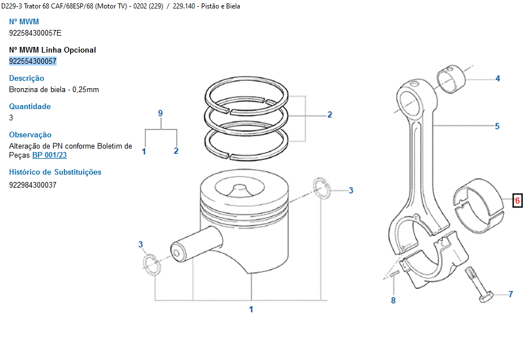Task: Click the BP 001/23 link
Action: (49, 155)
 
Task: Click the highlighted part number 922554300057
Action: (33, 61)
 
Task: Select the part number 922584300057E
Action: (35, 33)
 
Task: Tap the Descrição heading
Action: (27, 78)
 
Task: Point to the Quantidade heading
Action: (30, 106)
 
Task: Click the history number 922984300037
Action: (33, 185)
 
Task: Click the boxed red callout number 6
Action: (517, 200)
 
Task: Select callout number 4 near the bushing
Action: (498, 79)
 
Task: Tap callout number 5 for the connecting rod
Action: (497, 126)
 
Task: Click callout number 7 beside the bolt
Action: (511, 294)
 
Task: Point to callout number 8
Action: (393, 300)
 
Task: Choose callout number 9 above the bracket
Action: (160, 113)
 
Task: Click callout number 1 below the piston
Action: (251, 309)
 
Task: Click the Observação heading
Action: (30, 135)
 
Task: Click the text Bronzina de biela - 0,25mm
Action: (54, 89)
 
